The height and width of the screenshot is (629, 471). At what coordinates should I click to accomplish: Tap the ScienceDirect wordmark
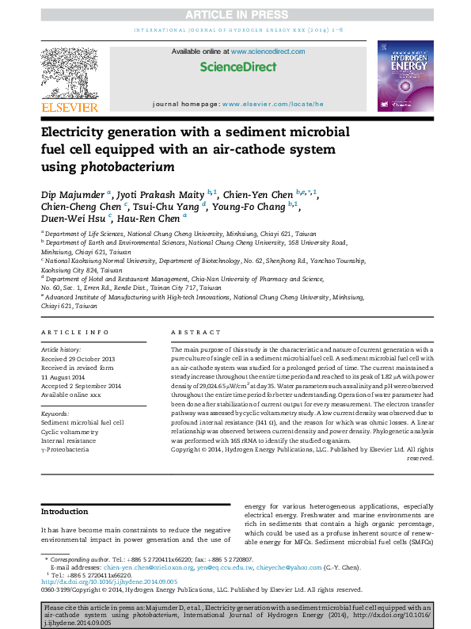pyautogui.click(x=238, y=67)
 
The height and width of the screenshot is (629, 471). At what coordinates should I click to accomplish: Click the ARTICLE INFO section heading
pyautogui.click(x=75, y=332)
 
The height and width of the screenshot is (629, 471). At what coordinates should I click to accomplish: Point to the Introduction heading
pyautogui.click(x=64, y=511)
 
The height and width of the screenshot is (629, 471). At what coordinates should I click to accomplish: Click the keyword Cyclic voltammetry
pyautogui.click(x=70, y=432)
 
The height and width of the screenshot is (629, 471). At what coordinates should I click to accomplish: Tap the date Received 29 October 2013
pyautogui.click(x=78, y=359)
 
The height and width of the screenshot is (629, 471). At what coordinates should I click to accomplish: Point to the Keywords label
pyautogui.click(x=55, y=414)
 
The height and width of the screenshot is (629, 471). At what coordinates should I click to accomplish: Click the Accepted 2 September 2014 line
pyautogui.click(x=82, y=385)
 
